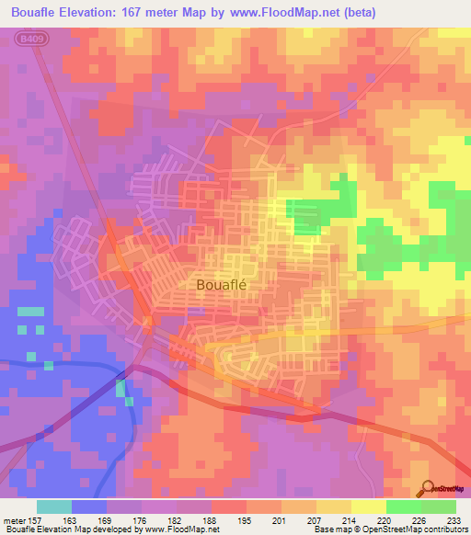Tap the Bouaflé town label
(224, 285)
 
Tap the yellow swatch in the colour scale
(369, 507)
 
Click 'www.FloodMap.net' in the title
(281, 10)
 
